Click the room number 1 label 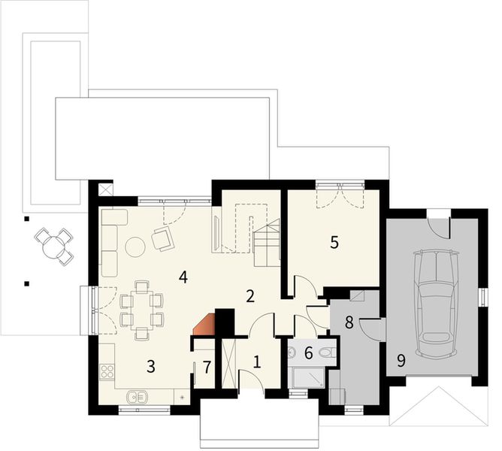click(256, 361)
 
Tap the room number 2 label click(251, 295)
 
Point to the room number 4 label click(183, 276)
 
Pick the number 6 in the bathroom click(308, 351)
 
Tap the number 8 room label click(349, 322)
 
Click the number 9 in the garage click(401, 361)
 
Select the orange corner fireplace click(205, 325)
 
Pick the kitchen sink click(137, 396)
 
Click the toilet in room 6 click(326, 351)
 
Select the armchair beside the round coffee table click(162, 239)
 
